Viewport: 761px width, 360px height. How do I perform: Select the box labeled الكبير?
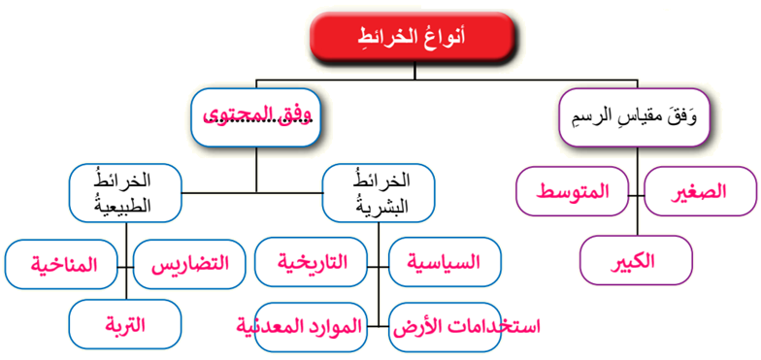[x=636, y=261]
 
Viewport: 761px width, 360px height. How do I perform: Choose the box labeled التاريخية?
[x=312, y=263]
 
